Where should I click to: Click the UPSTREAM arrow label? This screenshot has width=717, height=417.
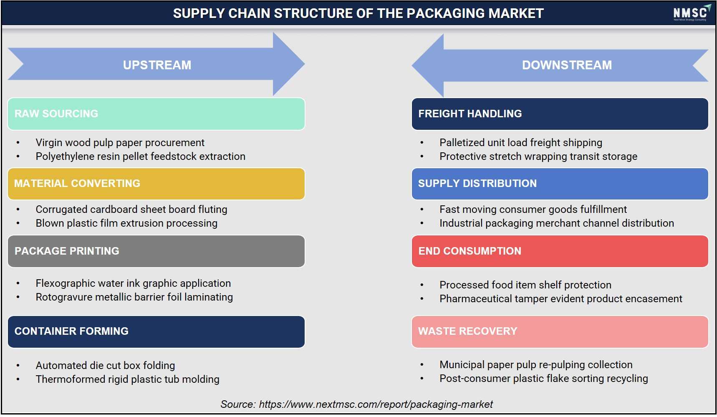pyautogui.click(x=157, y=65)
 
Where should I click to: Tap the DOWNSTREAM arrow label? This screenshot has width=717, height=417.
pyautogui.click(x=567, y=65)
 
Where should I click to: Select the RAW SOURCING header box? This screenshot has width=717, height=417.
pyautogui.click(x=156, y=114)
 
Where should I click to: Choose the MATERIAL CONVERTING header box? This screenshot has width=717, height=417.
pyautogui.click(x=156, y=184)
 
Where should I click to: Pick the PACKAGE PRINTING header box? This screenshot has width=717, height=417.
pyautogui.click(x=156, y=251)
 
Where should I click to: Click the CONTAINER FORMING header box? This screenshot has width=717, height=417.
pyautogui.click(x=156, y=331)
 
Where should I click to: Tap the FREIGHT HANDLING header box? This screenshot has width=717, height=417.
pyautogui.click(x=560, y=114)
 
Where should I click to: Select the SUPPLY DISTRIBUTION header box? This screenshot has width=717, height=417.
pyautogui.click(x=560, y=184)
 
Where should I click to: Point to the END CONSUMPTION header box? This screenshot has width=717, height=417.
pyautogui.click(x=560, y=251)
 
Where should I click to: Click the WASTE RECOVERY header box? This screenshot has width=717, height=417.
pyautogui.click(x=560, y=331)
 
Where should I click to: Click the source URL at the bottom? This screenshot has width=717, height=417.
pyautogui.click(x=376, y=404)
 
